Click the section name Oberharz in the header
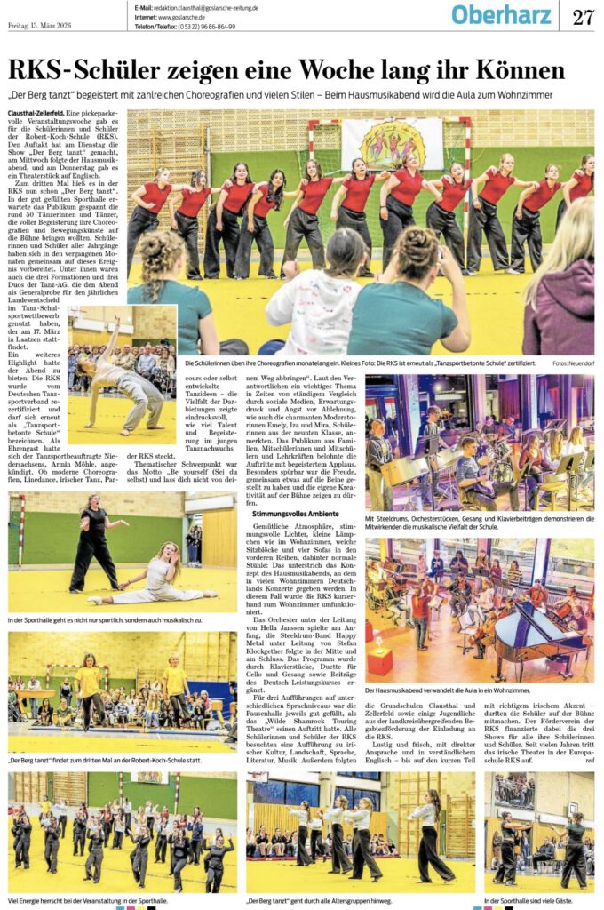click(504, 15)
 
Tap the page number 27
click(582, 16)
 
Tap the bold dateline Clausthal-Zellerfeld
click(36, 115)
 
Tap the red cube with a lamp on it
click(379, 659)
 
